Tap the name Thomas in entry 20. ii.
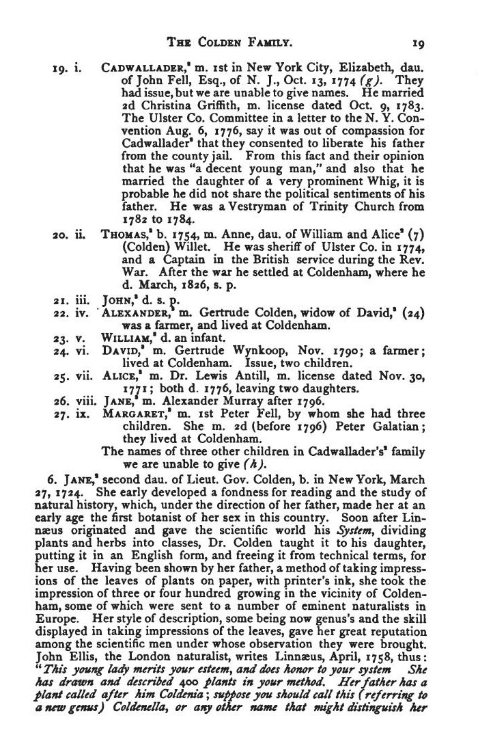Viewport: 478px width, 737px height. tap(124, 236)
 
